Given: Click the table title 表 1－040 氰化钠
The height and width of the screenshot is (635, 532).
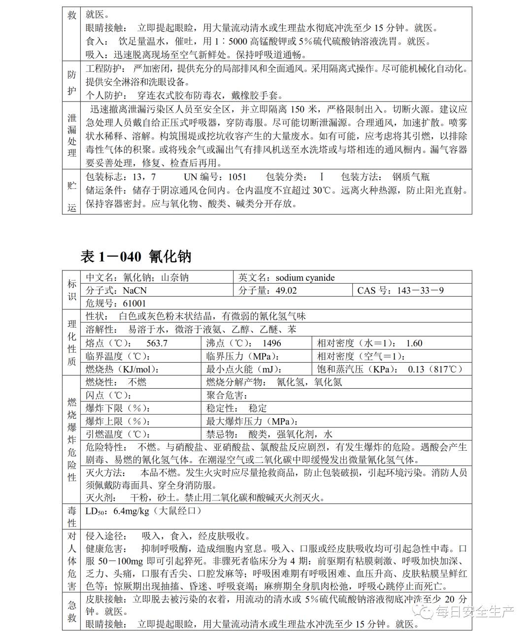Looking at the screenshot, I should click(135, 256).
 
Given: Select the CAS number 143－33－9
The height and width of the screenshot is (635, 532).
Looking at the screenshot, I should click(420, 291).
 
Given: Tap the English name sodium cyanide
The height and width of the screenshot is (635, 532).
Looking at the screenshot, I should click(305, 278).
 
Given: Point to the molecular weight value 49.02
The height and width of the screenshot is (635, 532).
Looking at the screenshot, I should click(286, 291).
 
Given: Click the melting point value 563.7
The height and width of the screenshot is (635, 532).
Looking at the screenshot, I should click(157, 343).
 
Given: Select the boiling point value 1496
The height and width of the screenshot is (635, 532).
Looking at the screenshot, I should click(271, 343).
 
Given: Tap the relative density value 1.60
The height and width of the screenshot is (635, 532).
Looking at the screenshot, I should click(414, 343).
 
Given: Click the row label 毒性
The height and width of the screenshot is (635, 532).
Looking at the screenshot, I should click(72, 516).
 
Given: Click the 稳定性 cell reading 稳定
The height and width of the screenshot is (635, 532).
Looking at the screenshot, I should click(258, 408).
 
